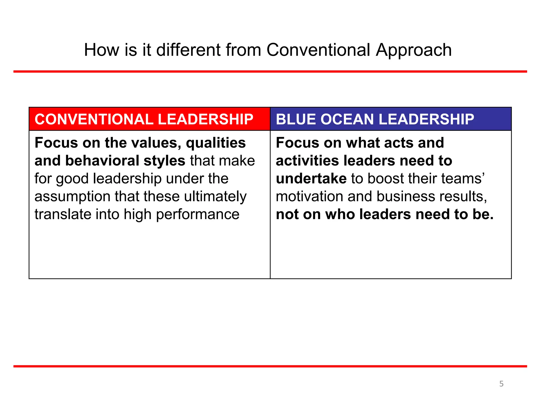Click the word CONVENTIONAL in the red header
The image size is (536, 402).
(x=94, y=119)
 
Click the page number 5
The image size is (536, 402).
(x=501, y=384)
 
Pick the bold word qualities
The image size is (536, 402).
(x=216, y=143)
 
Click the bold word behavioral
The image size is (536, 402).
(x=102, y=161)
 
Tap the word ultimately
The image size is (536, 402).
(x=215, y=197)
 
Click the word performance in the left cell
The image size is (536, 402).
(x=198, y=215)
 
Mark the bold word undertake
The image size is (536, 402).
(x=311, y=179)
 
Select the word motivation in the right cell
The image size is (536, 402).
(x=309, y=197)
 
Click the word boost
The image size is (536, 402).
(x=385, y=179)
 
